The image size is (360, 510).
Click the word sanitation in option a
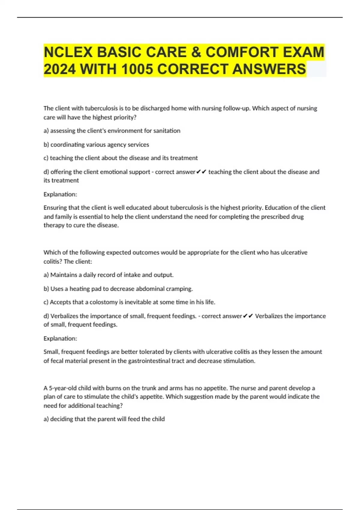(167, 131)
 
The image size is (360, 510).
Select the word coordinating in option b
(67, 145)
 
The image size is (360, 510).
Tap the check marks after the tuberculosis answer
(201, 172)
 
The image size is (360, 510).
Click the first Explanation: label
(60, 194)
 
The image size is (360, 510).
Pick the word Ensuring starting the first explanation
(55, 208)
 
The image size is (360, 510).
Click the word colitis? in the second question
(53, 262)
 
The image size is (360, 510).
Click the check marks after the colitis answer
(248, 316)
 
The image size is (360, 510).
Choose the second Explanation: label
(60, 338)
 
